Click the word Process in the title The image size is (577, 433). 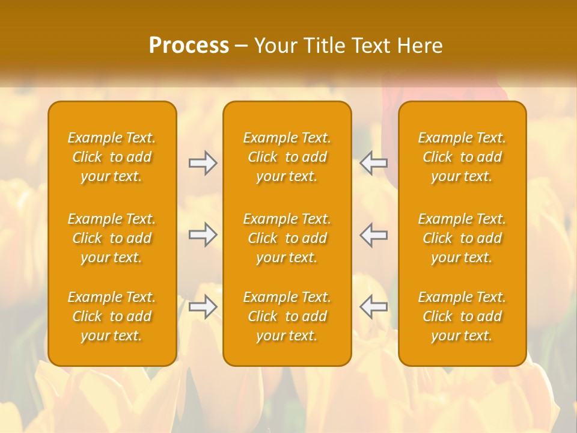pyautogui.click(x=189, y=46)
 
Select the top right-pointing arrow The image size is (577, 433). pyautogui.click(x=203, y=164)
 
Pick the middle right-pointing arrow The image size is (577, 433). pyautogui.click(x=203, y=235)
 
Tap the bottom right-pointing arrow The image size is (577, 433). pyautogui.click(x=203, y=307)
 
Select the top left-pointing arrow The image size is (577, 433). pyautogui.click(x=373, y=164)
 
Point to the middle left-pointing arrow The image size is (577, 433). pyautogui.click(x=373, y=235)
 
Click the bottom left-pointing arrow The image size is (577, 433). pyautogui.click(x=373, y=307)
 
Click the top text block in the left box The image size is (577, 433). pyautogui.click(x=112, y=157)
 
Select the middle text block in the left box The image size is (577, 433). pyautogui.click(x=112, y=238)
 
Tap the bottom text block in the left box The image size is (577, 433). pyautogui.click(x=112, y=316)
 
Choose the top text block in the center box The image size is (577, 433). pyautogui.click(x=287, y=157)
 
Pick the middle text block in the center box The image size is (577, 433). pyautogui.click(x=287, y=238)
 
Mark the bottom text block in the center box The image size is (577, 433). pyautogui.click(x=287, y=316)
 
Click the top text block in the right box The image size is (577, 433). pyautogui.click(x=462, y=157)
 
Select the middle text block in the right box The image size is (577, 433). pyautogui.click(x=462, y=238)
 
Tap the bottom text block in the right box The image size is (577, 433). pyautogui.click(x=462, y=316)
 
